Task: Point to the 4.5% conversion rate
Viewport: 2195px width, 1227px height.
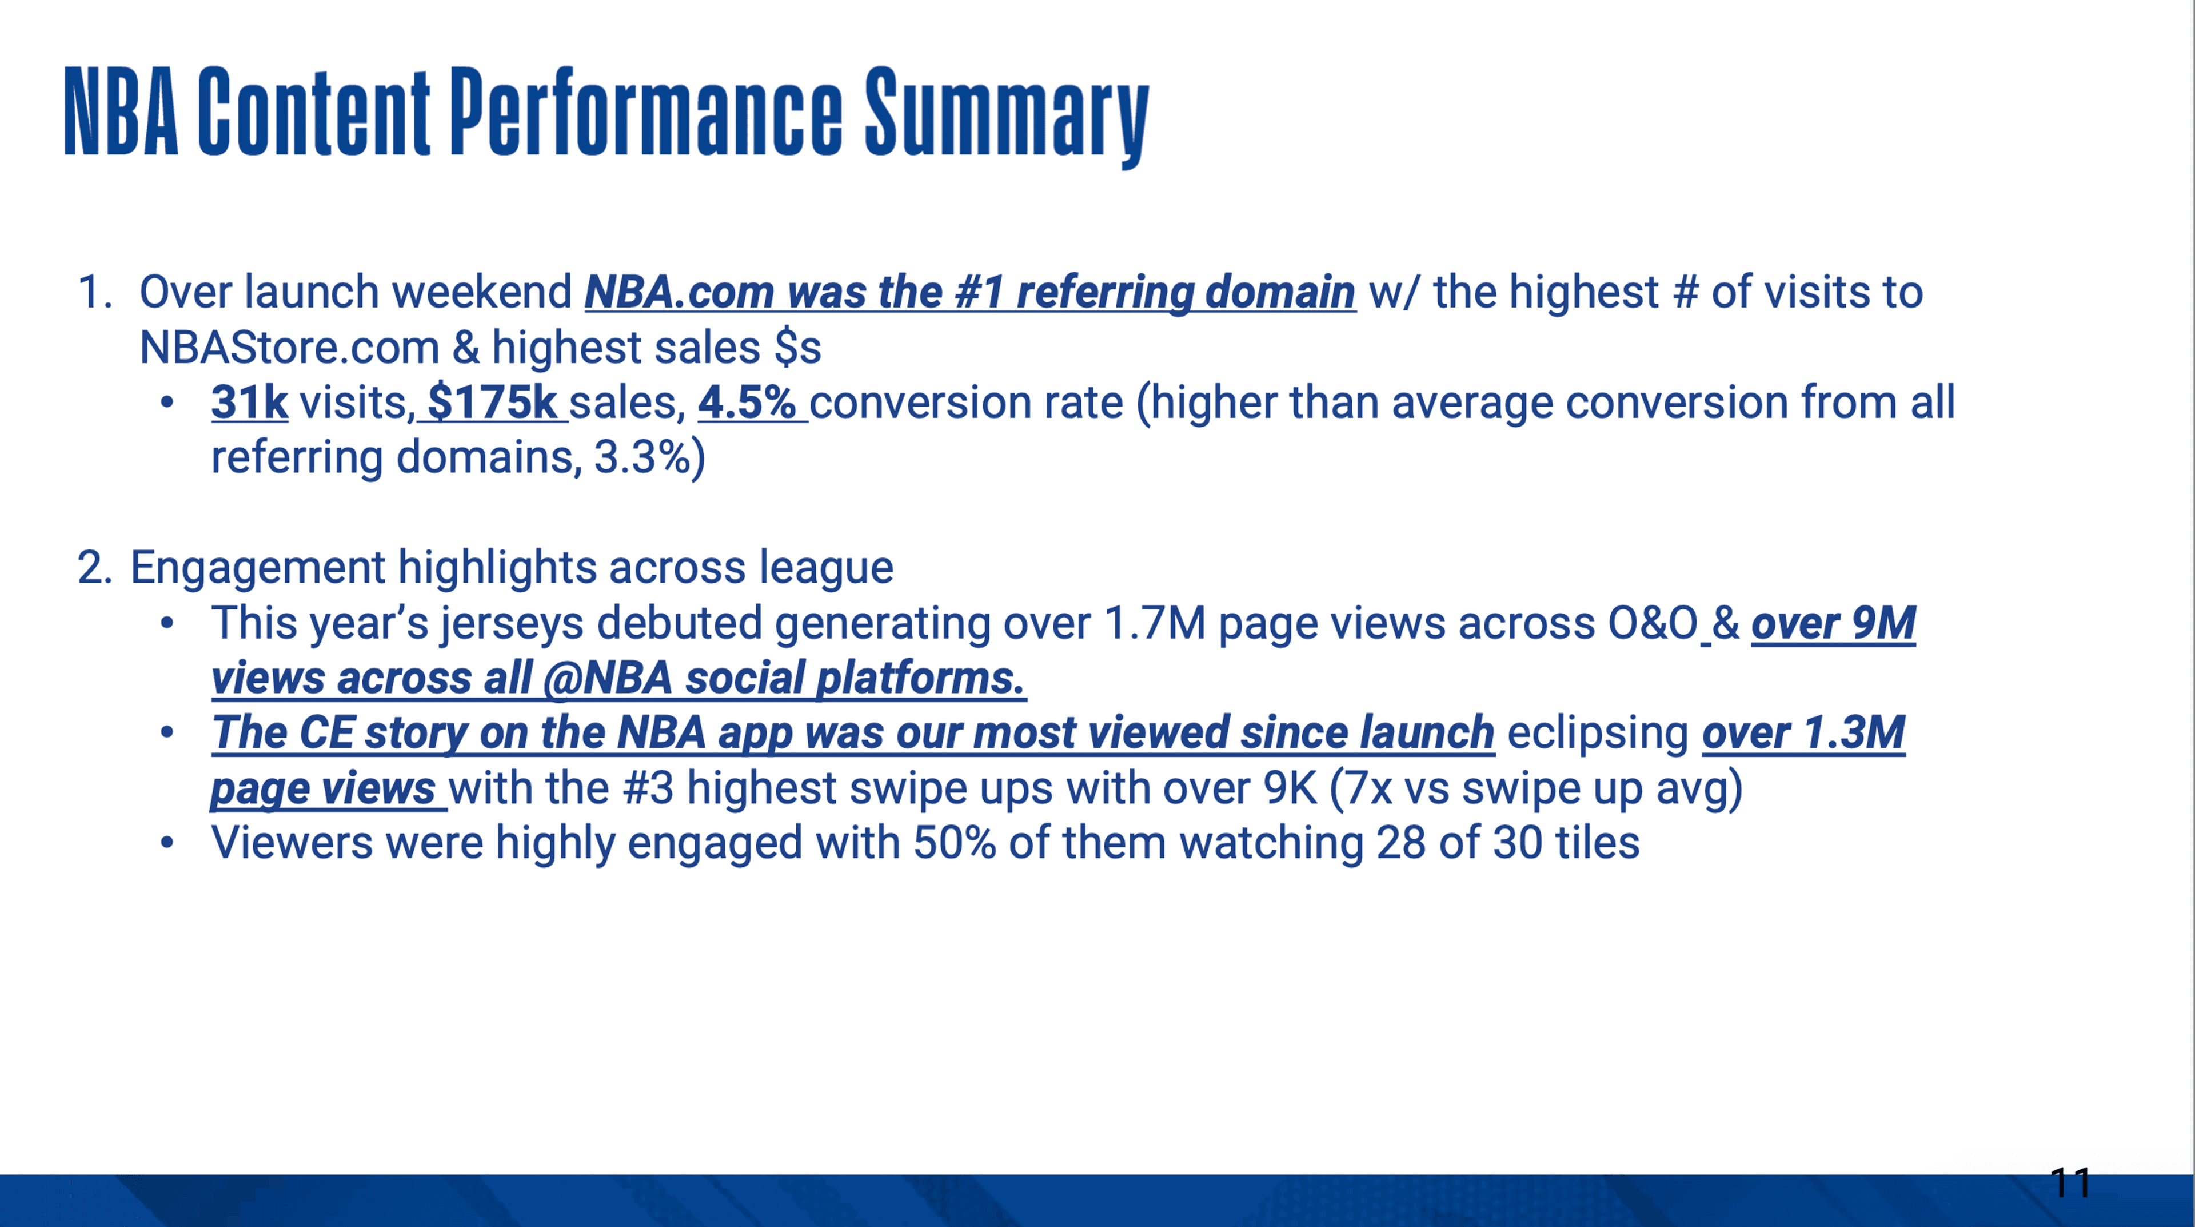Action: pos(747,402)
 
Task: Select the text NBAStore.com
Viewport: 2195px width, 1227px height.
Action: pos(289,348)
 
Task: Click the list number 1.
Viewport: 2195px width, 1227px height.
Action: pos(94,292)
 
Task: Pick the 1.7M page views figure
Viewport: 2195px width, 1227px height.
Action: pos(1155,623)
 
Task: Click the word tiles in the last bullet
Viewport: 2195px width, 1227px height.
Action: pos(1598,843)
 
